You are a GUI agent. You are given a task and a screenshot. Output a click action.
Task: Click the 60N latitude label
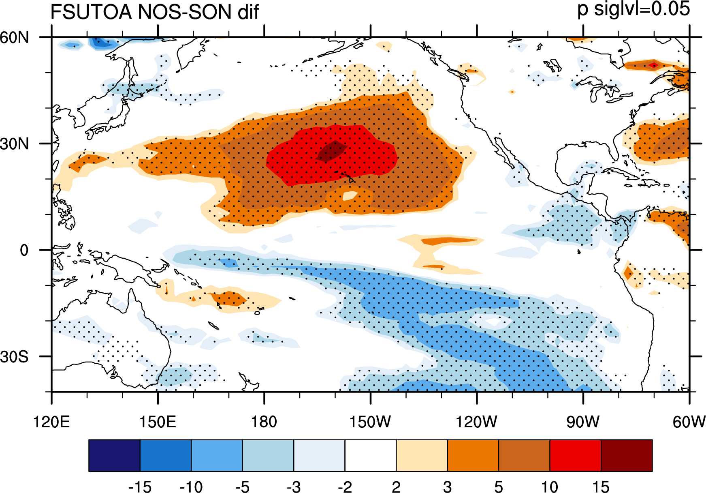pos(15,37)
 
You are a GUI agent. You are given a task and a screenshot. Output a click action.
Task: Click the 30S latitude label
pos(15,356)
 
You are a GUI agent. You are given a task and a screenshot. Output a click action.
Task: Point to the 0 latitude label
pos(24,250)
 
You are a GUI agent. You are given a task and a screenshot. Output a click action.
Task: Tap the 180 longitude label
pos(264,422)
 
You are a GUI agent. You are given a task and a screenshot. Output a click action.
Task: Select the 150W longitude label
pos(370,422)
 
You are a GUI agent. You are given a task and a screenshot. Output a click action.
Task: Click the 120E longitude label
pos(51,422)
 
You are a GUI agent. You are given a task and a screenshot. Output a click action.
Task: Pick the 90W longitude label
pos(583,422)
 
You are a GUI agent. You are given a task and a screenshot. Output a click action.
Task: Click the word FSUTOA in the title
pos(91,12)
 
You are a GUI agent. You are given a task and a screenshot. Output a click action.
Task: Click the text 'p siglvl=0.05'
pos(634,9)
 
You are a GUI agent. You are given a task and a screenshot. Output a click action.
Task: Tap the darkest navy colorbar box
pos(114,455)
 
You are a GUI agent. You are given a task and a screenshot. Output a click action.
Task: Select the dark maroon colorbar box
pos(627,455)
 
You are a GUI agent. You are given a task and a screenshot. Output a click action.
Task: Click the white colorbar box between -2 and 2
pos(371,455)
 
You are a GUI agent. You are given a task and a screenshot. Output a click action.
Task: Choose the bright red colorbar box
pos(576,455)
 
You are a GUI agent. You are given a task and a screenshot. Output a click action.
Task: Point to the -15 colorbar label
pos(140,487)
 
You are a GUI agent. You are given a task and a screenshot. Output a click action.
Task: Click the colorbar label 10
pos(550,487)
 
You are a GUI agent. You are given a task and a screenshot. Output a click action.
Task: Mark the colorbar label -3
pos(294,487)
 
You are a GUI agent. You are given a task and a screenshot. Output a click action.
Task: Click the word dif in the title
pos(248,12)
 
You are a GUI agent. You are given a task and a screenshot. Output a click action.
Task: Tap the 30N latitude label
pos(15,144)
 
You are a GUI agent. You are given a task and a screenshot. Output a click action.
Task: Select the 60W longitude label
pos(689,422)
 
